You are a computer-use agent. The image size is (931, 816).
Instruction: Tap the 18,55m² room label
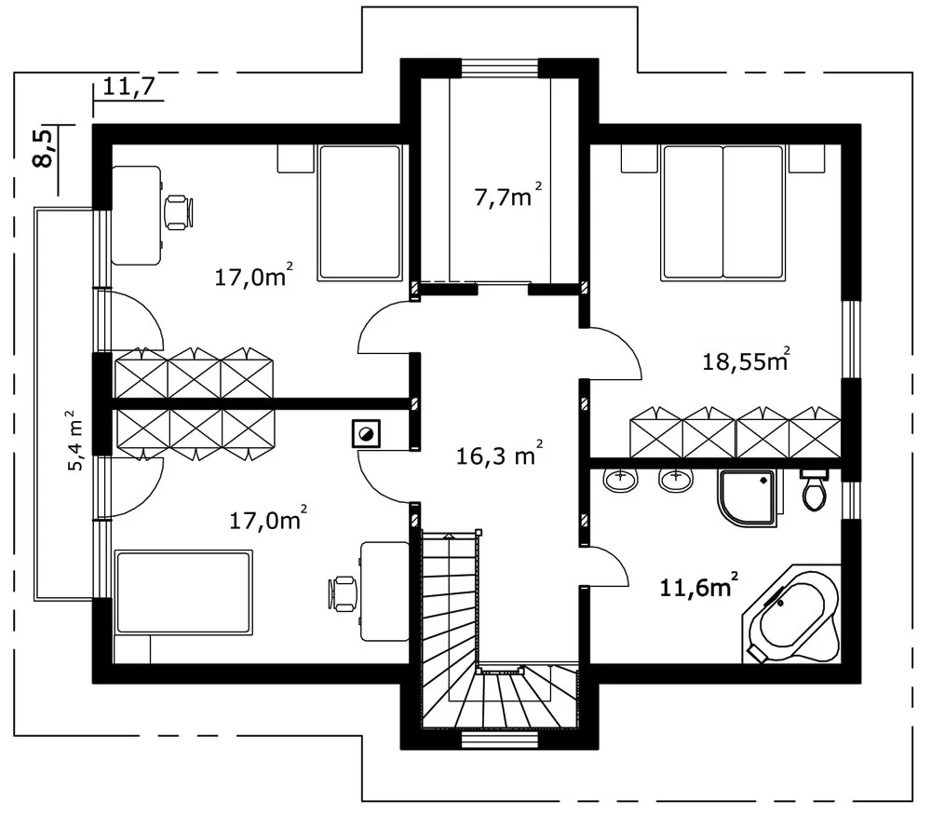click(746, 360)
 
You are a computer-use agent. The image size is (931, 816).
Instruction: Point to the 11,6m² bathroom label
click(699, 586)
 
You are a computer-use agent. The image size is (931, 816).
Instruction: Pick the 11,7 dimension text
click(128, 86)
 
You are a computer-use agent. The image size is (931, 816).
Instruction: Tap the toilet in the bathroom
click(814, 489)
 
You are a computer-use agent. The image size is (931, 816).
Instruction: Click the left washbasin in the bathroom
click(620, 479)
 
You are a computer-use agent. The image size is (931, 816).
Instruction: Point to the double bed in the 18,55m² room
click(722, 212)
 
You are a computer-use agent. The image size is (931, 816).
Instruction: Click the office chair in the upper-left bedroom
click(178, 212)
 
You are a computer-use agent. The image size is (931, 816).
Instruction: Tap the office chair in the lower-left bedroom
click(344, 592)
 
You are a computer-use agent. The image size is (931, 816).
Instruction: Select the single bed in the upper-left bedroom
click(359, 212)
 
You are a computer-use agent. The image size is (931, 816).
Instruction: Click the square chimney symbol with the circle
click(366, 434)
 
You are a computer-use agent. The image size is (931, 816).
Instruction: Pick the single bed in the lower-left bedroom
click(183, 592)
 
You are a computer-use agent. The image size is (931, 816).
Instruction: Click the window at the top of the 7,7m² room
click(500, 67)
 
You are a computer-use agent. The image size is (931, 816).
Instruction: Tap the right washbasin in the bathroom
click(677, 479)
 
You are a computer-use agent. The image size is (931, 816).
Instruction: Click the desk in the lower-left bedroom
click(385, 591)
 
